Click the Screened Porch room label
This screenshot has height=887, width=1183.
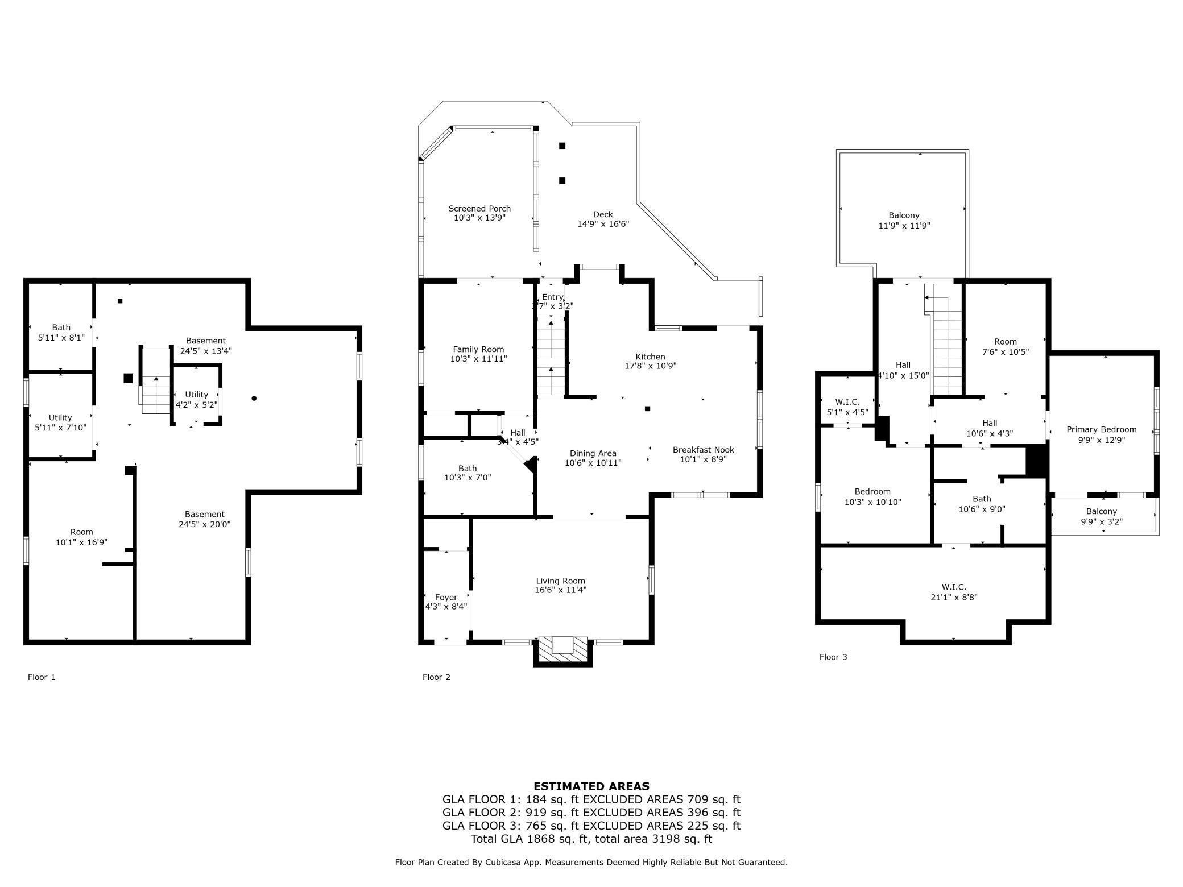[479, 209]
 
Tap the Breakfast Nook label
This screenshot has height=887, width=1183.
[703, 450]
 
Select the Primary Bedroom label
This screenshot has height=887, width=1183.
[1101, 430]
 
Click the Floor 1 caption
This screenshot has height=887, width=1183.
[42, 677]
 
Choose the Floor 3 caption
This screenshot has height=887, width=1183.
[833, 657]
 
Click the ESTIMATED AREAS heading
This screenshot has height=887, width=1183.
[591, 786]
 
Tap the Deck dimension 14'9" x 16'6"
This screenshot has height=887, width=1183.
[603, 224]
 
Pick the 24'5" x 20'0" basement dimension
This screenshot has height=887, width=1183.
[204, 524]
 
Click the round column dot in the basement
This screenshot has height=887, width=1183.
[254, 399]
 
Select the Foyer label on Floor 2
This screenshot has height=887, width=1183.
[446, 598]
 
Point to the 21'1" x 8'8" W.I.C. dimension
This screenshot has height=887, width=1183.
[954, 597]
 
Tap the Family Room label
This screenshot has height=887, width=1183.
[478, 349]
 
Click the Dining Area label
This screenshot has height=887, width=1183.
[593, 454]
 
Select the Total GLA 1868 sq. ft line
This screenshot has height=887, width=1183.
[591, 839]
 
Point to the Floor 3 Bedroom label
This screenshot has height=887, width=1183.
[872, 492]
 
